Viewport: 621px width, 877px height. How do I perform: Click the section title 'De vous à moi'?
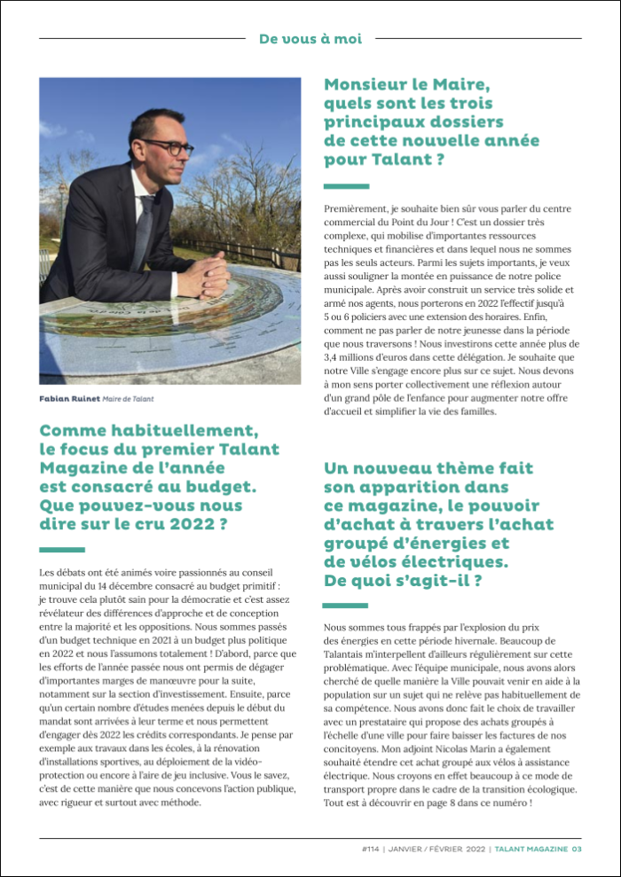[310, 38]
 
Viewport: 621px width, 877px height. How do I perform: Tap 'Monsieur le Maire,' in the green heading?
[407, 85]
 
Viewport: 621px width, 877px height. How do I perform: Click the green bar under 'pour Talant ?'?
[346, 186]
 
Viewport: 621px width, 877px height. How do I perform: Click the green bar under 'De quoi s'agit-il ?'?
[346, 606]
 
